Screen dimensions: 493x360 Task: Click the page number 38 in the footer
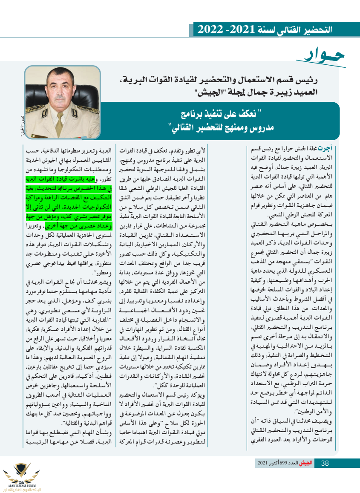[x=324, y=463]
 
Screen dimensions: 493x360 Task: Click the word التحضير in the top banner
[x=311, y=30]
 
